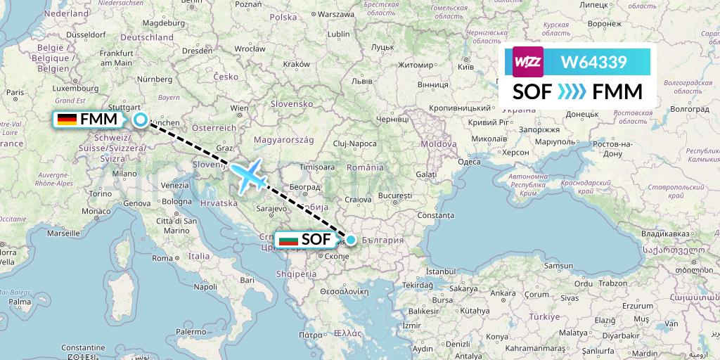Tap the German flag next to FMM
[67, 120]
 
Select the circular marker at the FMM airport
[141, 120]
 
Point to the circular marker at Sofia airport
[350, 240]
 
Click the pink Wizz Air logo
[527, 62]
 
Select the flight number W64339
[593, 63]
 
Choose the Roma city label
[162, 258]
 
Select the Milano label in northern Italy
[124, 173]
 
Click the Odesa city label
[469, 161]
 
